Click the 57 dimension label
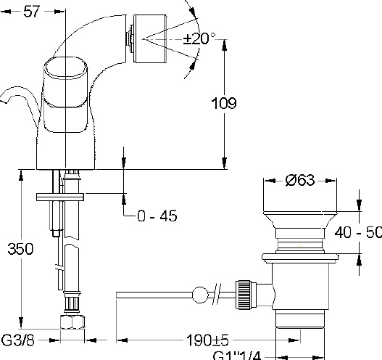[31, 11]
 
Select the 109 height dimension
[224, 103]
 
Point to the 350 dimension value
[20, 249]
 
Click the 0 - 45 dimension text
[157, 216]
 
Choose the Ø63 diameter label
[300, 181]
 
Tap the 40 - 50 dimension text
[358, 232]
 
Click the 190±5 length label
[207, 340]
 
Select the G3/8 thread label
[18, 340]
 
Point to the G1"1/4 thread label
[237, 355]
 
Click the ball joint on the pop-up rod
[200, 295]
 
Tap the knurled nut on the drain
[244, 295]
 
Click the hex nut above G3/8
[72, 322]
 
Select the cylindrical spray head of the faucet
[150, 38]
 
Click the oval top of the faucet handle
[65, 67]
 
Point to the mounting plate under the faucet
[60, 197]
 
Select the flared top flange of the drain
[300, 220]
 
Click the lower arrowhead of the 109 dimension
[224, 163]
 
